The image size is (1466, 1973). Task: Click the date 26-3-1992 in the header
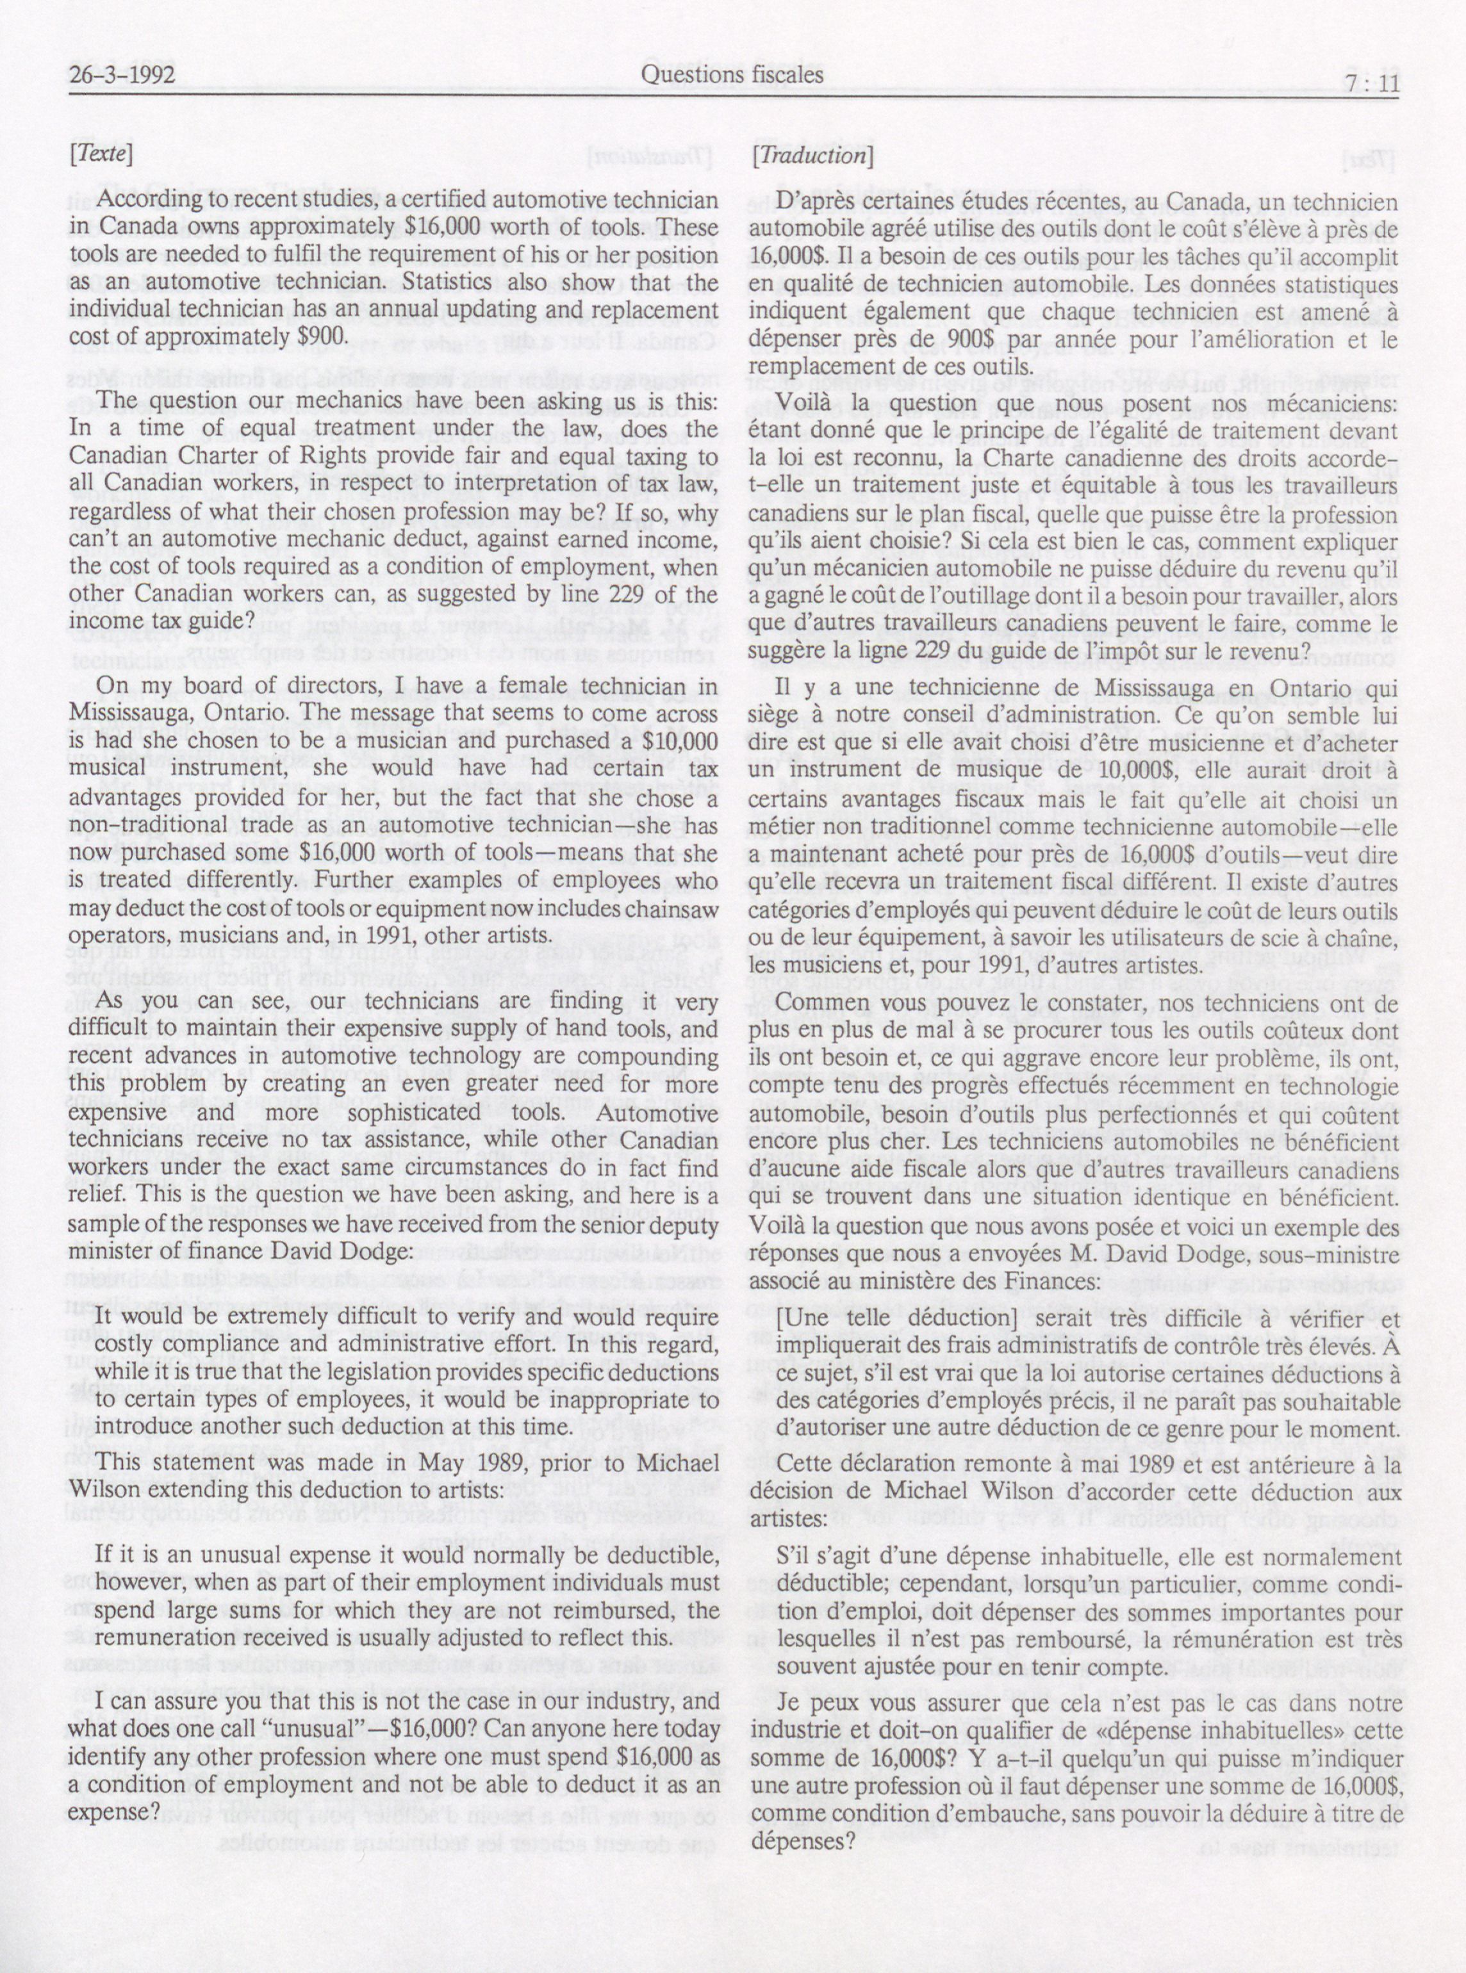click(122, 76)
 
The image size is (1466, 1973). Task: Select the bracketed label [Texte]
click(101, 155)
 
